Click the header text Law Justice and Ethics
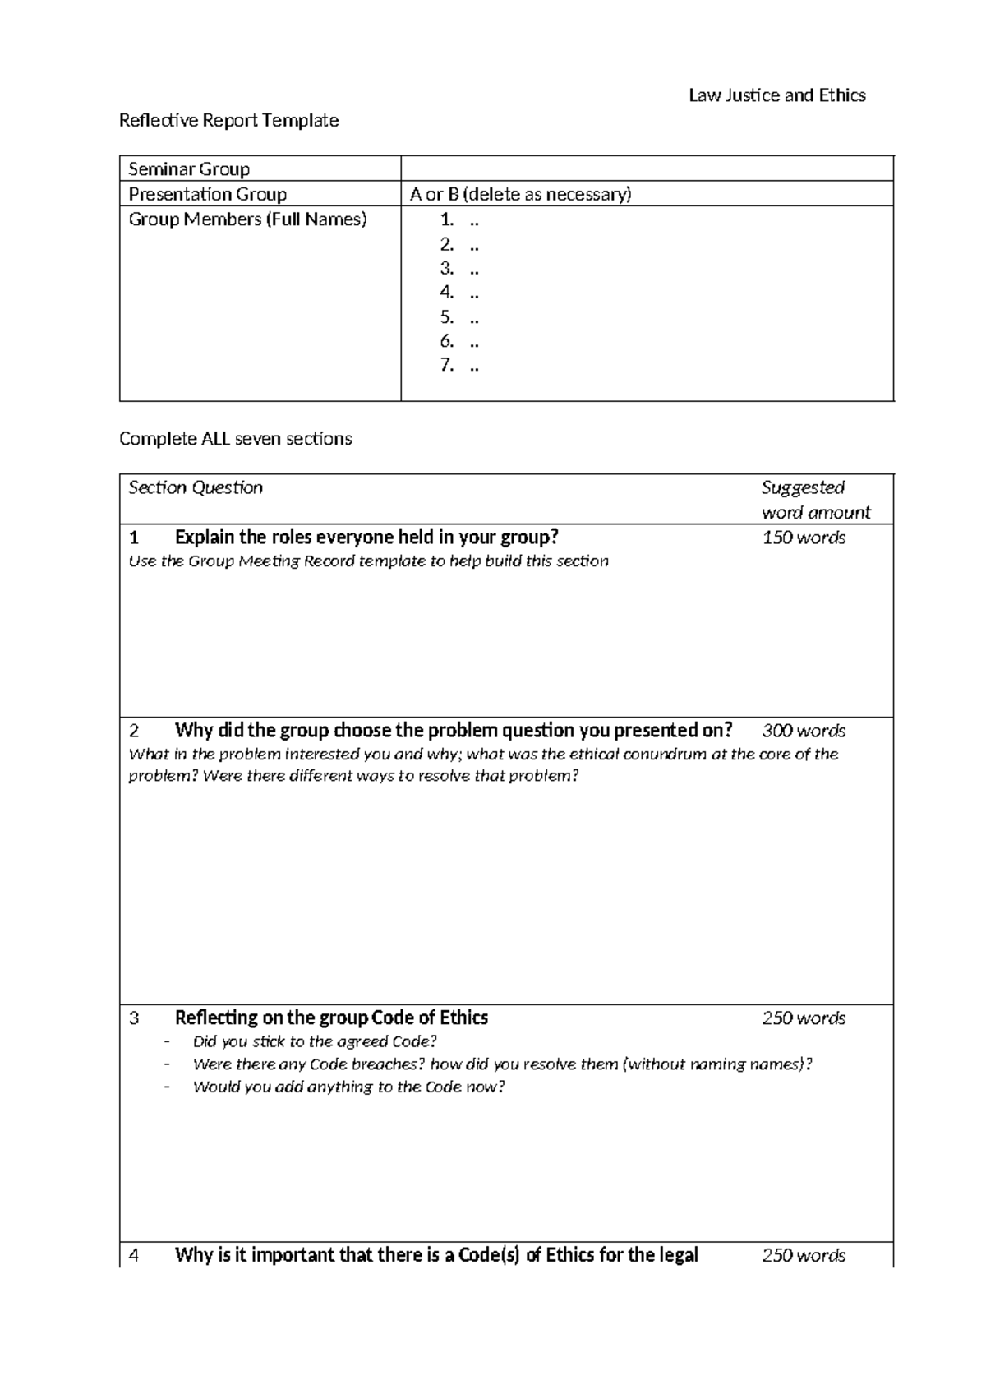(776, 95)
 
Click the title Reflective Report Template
(228, 121)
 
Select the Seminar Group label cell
(189, 169)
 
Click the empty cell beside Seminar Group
(646, 169)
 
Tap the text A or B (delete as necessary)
(520, 195)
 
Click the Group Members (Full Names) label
(247, 219)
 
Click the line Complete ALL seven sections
(235, 439)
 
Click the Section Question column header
(196, 487)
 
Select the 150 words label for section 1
(803, 538)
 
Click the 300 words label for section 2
(803, 731)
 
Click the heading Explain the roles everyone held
(366, 538)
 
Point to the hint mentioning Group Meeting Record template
(368, 561)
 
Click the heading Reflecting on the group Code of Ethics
(331, 1018)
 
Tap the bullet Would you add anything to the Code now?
(348, 1087)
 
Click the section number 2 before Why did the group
(134, 731)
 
